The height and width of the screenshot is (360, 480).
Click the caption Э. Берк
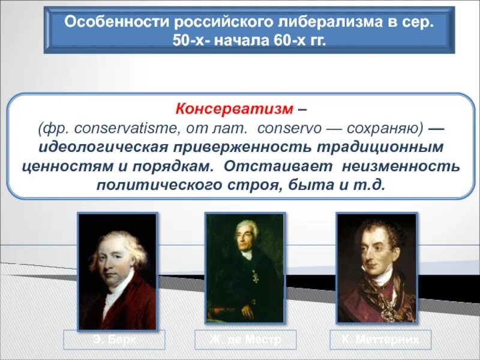coord(113,340)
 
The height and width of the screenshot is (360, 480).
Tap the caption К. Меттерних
coord(381,340)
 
